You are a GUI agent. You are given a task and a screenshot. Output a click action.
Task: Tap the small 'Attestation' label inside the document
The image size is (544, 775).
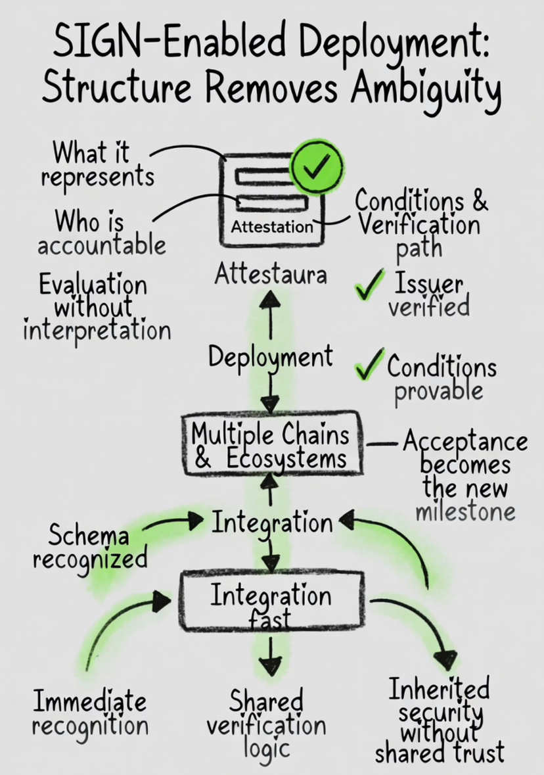(272, 227)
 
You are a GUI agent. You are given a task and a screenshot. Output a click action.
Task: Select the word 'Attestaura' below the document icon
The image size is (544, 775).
(270, 274)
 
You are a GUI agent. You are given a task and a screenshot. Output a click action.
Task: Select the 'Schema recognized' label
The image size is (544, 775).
(89, 547)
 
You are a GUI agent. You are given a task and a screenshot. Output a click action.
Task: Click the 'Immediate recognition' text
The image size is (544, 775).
(90, 713)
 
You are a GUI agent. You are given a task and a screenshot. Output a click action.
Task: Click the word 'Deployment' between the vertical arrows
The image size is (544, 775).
(270, 357)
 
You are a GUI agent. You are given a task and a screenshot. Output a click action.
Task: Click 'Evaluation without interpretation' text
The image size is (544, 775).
(96, 307)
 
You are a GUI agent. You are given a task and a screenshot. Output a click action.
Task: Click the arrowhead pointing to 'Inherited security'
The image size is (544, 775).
(446, 659)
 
